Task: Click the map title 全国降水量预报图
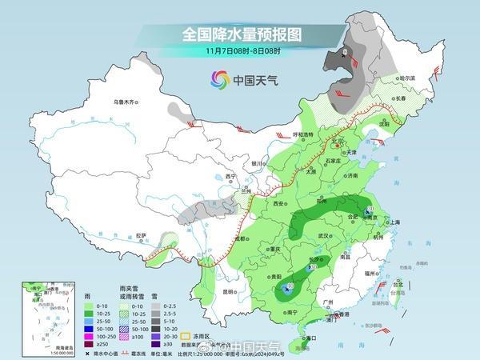click(x=240, y=34)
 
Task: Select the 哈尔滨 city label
click(x=410, y=78)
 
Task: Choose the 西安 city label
click(x=279, y=204)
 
